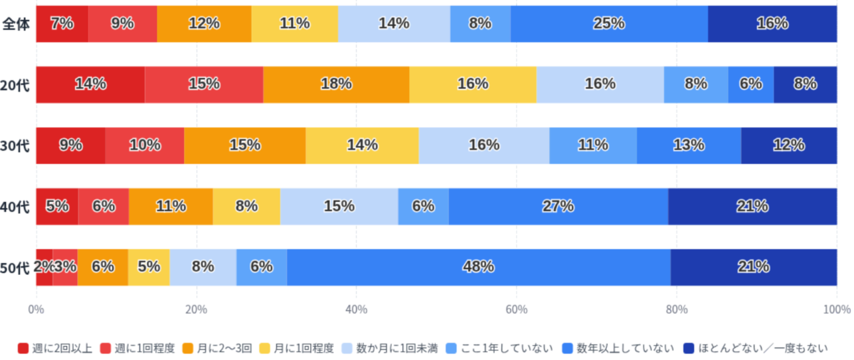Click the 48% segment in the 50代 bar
tap(479, 267)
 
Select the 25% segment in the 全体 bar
tap(609, 23)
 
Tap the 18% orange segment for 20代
tap(336, 84)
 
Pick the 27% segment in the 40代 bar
tap(558, 206)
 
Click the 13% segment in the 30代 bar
tap(689, 145)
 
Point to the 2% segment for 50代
tap(44, 267)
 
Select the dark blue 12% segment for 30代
tap(789, 145)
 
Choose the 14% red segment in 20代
tap(90, 84)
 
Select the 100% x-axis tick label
tap(836, 310)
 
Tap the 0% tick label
tap(36, 310)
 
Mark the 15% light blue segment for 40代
tap(339, 206)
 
